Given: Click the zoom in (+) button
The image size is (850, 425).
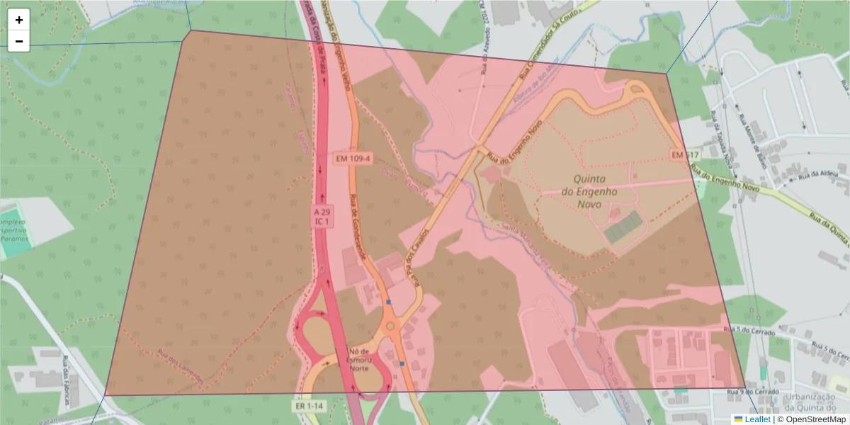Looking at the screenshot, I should (19, 20).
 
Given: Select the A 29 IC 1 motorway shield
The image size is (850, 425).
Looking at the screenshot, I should (322, 217).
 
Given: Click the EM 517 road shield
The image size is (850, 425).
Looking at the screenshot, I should (684, 154).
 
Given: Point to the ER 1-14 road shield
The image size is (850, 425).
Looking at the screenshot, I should (310, 407).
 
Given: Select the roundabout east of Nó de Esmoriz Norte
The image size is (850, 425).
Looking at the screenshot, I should (389, 327).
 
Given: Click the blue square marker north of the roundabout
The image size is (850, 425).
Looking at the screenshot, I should (388, 302).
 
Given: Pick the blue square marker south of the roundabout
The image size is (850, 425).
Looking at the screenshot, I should (402, 363).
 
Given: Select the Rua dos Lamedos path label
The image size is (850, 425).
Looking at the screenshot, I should (180, 368).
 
